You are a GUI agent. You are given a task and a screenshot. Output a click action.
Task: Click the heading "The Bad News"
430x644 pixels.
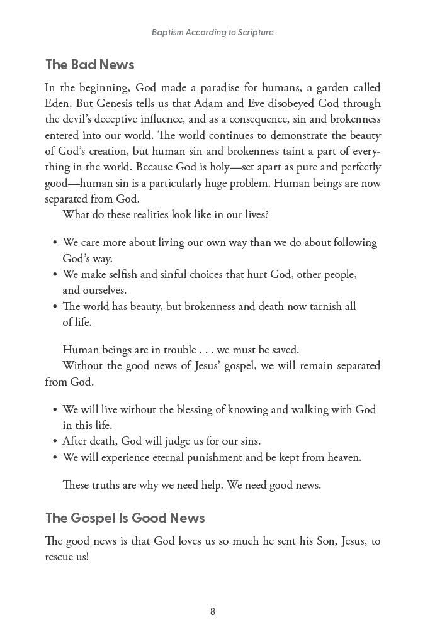89,65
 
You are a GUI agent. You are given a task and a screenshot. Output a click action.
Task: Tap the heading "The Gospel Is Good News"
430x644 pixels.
125,518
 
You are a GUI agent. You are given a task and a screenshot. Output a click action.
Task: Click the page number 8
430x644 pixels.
213,611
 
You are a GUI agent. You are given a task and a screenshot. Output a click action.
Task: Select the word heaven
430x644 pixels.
341,457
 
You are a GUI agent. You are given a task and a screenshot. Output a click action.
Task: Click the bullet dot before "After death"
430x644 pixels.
55,441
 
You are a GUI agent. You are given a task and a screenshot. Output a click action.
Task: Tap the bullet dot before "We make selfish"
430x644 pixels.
55,275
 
